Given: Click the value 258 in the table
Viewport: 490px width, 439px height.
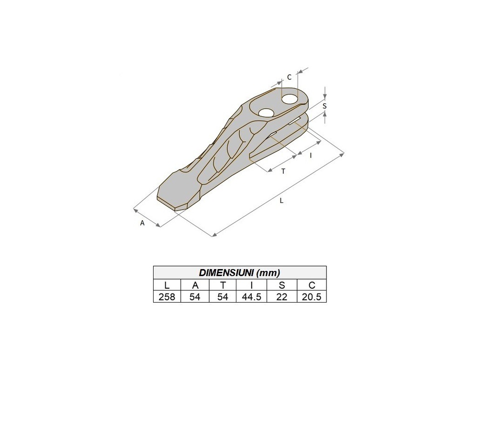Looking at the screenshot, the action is point(167,297).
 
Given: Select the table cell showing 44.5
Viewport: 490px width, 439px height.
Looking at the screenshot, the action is point(252,297).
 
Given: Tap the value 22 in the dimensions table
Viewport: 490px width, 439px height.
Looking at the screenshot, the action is point(281,297).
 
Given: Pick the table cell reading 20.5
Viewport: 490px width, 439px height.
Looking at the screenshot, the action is point(312,297).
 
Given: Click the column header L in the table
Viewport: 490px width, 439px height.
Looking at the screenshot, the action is point(167,285).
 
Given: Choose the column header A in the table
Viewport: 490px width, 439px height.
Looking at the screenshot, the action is point(195,285).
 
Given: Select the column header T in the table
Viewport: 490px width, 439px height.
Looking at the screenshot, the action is point(223,285).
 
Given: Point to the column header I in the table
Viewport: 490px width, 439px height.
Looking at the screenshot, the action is point(252,285).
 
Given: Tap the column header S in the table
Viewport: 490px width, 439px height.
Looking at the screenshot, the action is point(282,285).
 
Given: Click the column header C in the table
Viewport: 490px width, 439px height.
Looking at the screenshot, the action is point(312,285).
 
